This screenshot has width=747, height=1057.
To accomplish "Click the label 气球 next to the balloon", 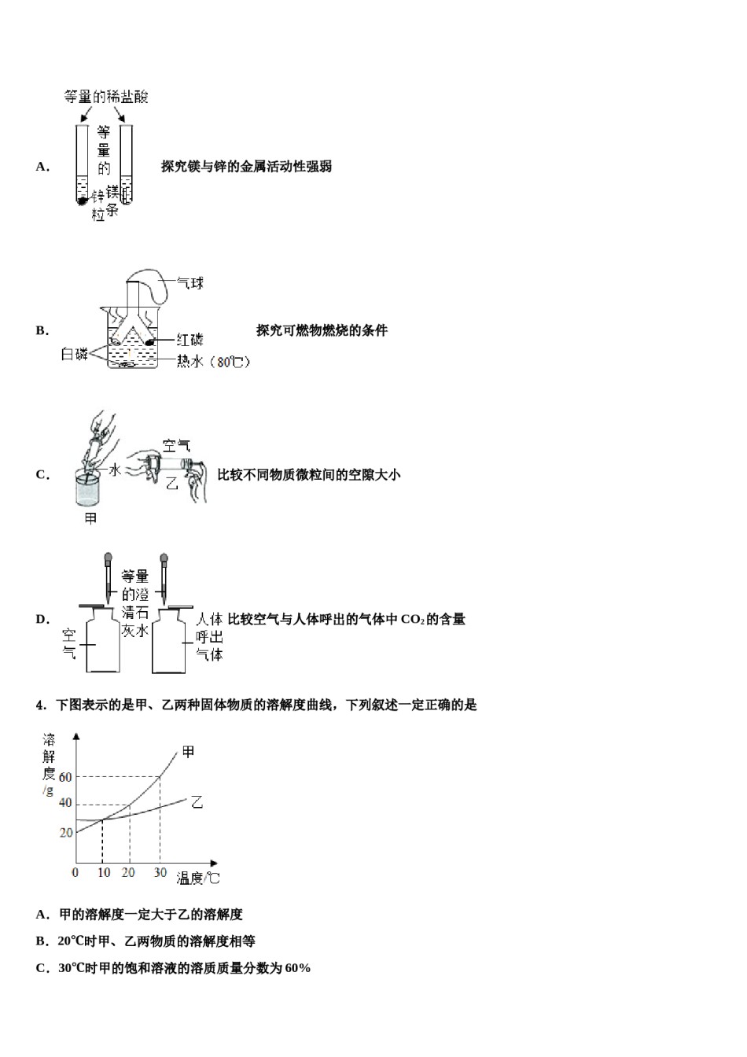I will (x=190, y=283).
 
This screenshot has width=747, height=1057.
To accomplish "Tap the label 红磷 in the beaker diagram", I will (x=190, y=340).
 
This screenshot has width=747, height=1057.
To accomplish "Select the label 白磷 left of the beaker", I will (x=75, y=355).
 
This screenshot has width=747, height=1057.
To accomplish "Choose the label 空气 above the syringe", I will (x=176, y=446).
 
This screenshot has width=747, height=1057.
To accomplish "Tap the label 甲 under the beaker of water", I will (x=90, y=518).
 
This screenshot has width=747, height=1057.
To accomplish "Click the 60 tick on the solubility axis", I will (x=64, y=777).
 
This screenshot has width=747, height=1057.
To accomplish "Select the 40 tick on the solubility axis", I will (x=64, y=803).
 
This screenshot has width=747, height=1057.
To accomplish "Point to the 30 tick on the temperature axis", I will (x=160, y=872).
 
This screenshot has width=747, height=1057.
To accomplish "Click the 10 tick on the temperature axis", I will (x=102, y=872).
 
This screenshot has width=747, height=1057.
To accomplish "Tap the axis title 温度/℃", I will (x=197, y=878).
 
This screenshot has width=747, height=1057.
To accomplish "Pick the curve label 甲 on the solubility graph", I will (x=188, y=752).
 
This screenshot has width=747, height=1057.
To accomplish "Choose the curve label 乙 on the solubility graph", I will (x=197, y=802).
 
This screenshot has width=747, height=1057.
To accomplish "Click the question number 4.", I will (x=40, y=705).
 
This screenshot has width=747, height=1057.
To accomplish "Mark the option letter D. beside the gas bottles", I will (x=42, y=619).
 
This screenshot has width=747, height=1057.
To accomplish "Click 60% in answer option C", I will (x=298, y=968).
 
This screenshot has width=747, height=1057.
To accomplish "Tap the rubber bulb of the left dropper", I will (x=108, y=560).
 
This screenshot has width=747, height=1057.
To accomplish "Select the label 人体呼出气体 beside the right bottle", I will (x=210, y=636).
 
